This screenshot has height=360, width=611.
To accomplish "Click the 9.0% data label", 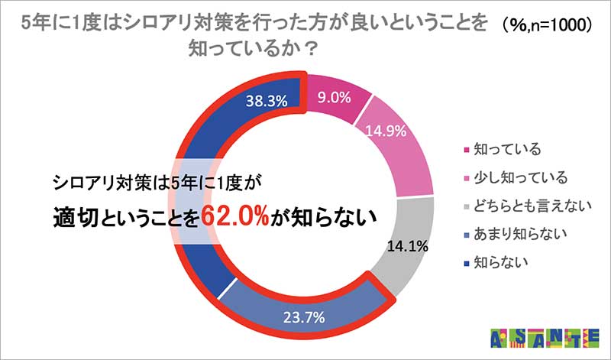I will coord(333,97).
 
